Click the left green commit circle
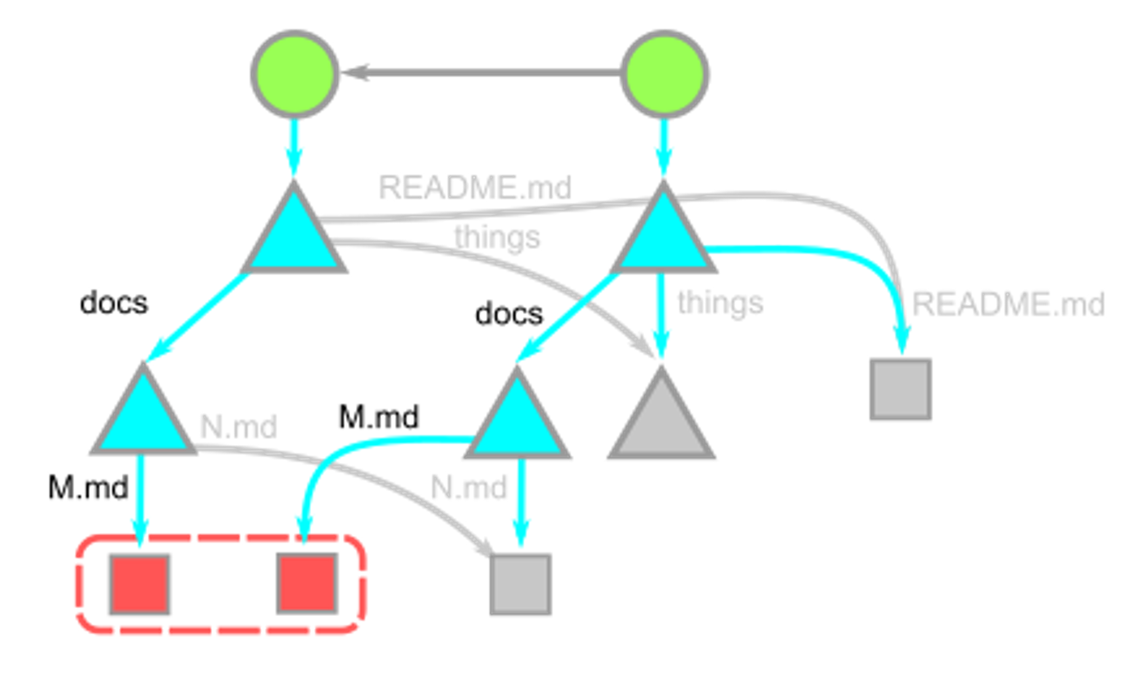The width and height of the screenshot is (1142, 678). coord(295,74)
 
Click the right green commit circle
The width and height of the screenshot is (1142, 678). coord(664,74)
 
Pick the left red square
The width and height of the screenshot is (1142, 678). coord(140,584)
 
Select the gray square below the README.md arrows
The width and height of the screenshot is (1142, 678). coord(901,390)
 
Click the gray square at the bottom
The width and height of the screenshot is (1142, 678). coord(521,585)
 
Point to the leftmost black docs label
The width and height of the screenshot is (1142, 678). coord(114,302)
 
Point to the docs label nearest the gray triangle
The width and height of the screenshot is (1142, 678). coord(509,313)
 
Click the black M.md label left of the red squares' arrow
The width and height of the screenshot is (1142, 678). coord(88,487)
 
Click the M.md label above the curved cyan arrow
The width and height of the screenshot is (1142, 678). coord(379,417)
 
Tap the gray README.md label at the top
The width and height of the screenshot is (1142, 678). coord(475,187)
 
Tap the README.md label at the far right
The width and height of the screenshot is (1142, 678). coord(1008,304)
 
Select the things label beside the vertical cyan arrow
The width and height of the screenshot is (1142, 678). coord(720,302)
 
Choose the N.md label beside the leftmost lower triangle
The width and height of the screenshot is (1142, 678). coord(238,426)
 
